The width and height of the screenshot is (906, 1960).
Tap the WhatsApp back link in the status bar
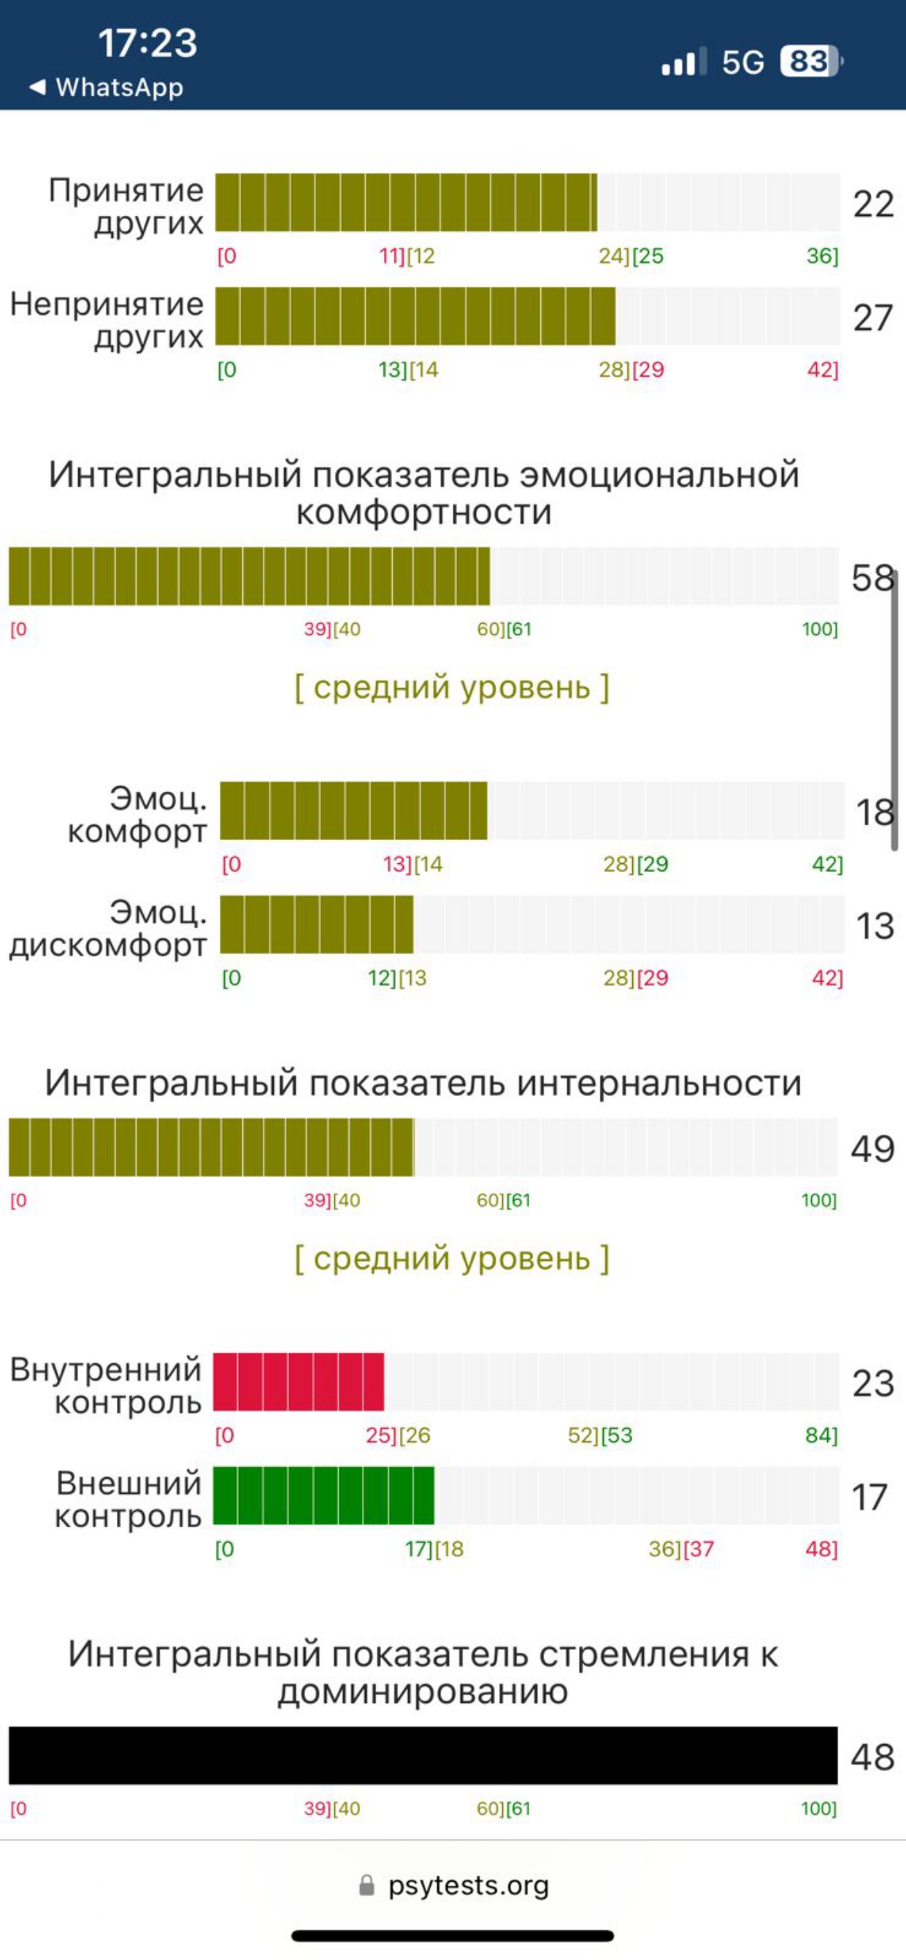(107, 88)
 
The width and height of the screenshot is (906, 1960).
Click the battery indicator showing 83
(810, 61)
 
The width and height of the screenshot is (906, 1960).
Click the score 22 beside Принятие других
(872, 204)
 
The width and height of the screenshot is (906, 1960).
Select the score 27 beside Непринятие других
(872, 318)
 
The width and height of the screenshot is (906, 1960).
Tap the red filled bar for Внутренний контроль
(299, 1382)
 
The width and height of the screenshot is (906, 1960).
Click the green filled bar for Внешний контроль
(323, 1495)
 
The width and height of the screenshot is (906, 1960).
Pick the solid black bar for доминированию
(423, 1756)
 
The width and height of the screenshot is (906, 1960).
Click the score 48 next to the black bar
(872, 1757)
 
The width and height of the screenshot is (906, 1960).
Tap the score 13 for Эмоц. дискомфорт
(874, 926)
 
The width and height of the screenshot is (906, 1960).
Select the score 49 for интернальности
(872, 1148)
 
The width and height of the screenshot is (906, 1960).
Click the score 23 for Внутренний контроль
(872, 1384)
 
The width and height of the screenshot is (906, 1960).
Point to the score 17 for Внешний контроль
(869, 1497)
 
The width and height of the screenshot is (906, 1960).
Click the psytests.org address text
(468, 1885)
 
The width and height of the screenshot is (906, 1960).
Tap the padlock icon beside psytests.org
(366, 1885)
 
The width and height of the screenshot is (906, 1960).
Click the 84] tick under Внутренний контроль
(821, 1435)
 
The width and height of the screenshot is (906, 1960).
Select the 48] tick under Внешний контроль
(821, 1548)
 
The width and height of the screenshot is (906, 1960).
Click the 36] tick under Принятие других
(822, 255)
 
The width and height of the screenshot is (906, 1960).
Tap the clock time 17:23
(147, 42)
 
